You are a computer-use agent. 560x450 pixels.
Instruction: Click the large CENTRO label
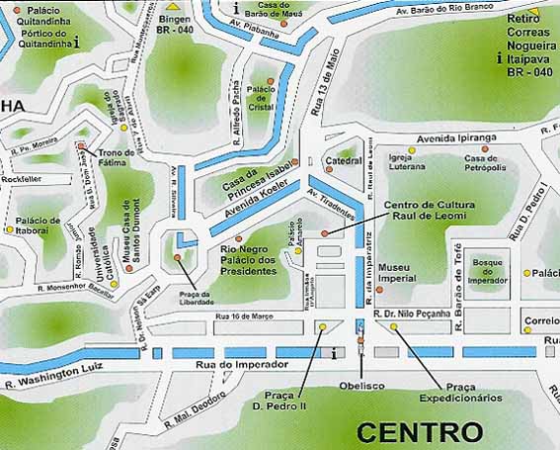pyautogui.click(x=420, y=432)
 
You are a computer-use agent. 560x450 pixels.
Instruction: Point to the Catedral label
pyautogui.click(x=345, y=159)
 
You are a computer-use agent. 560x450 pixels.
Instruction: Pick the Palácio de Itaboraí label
pyautogui.click(x=39, y=225)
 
